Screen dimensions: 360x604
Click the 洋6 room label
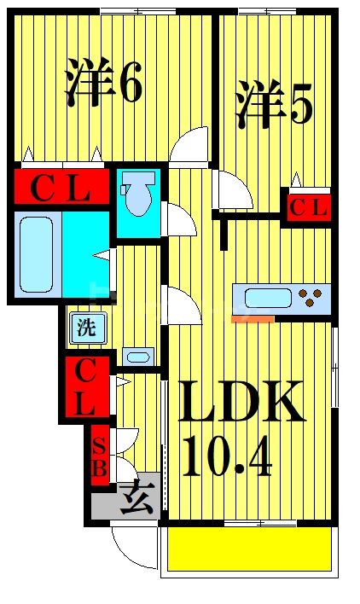104,82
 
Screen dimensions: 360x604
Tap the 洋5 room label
274,104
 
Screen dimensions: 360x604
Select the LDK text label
241,402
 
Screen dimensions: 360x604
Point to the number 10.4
227,457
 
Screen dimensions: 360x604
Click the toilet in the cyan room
137,192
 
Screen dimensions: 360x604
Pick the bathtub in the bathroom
37,254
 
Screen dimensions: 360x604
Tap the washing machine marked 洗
88,328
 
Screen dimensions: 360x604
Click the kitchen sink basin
269,299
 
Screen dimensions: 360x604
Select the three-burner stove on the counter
311,298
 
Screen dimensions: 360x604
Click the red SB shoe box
100,456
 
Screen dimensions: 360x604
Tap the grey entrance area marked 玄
126,496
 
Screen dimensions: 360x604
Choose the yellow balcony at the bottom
249,549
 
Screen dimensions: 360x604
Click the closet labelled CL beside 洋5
309,207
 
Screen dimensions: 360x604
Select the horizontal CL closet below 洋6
61,187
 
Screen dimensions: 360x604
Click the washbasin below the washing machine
138,357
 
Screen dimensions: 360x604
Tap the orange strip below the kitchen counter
253,319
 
